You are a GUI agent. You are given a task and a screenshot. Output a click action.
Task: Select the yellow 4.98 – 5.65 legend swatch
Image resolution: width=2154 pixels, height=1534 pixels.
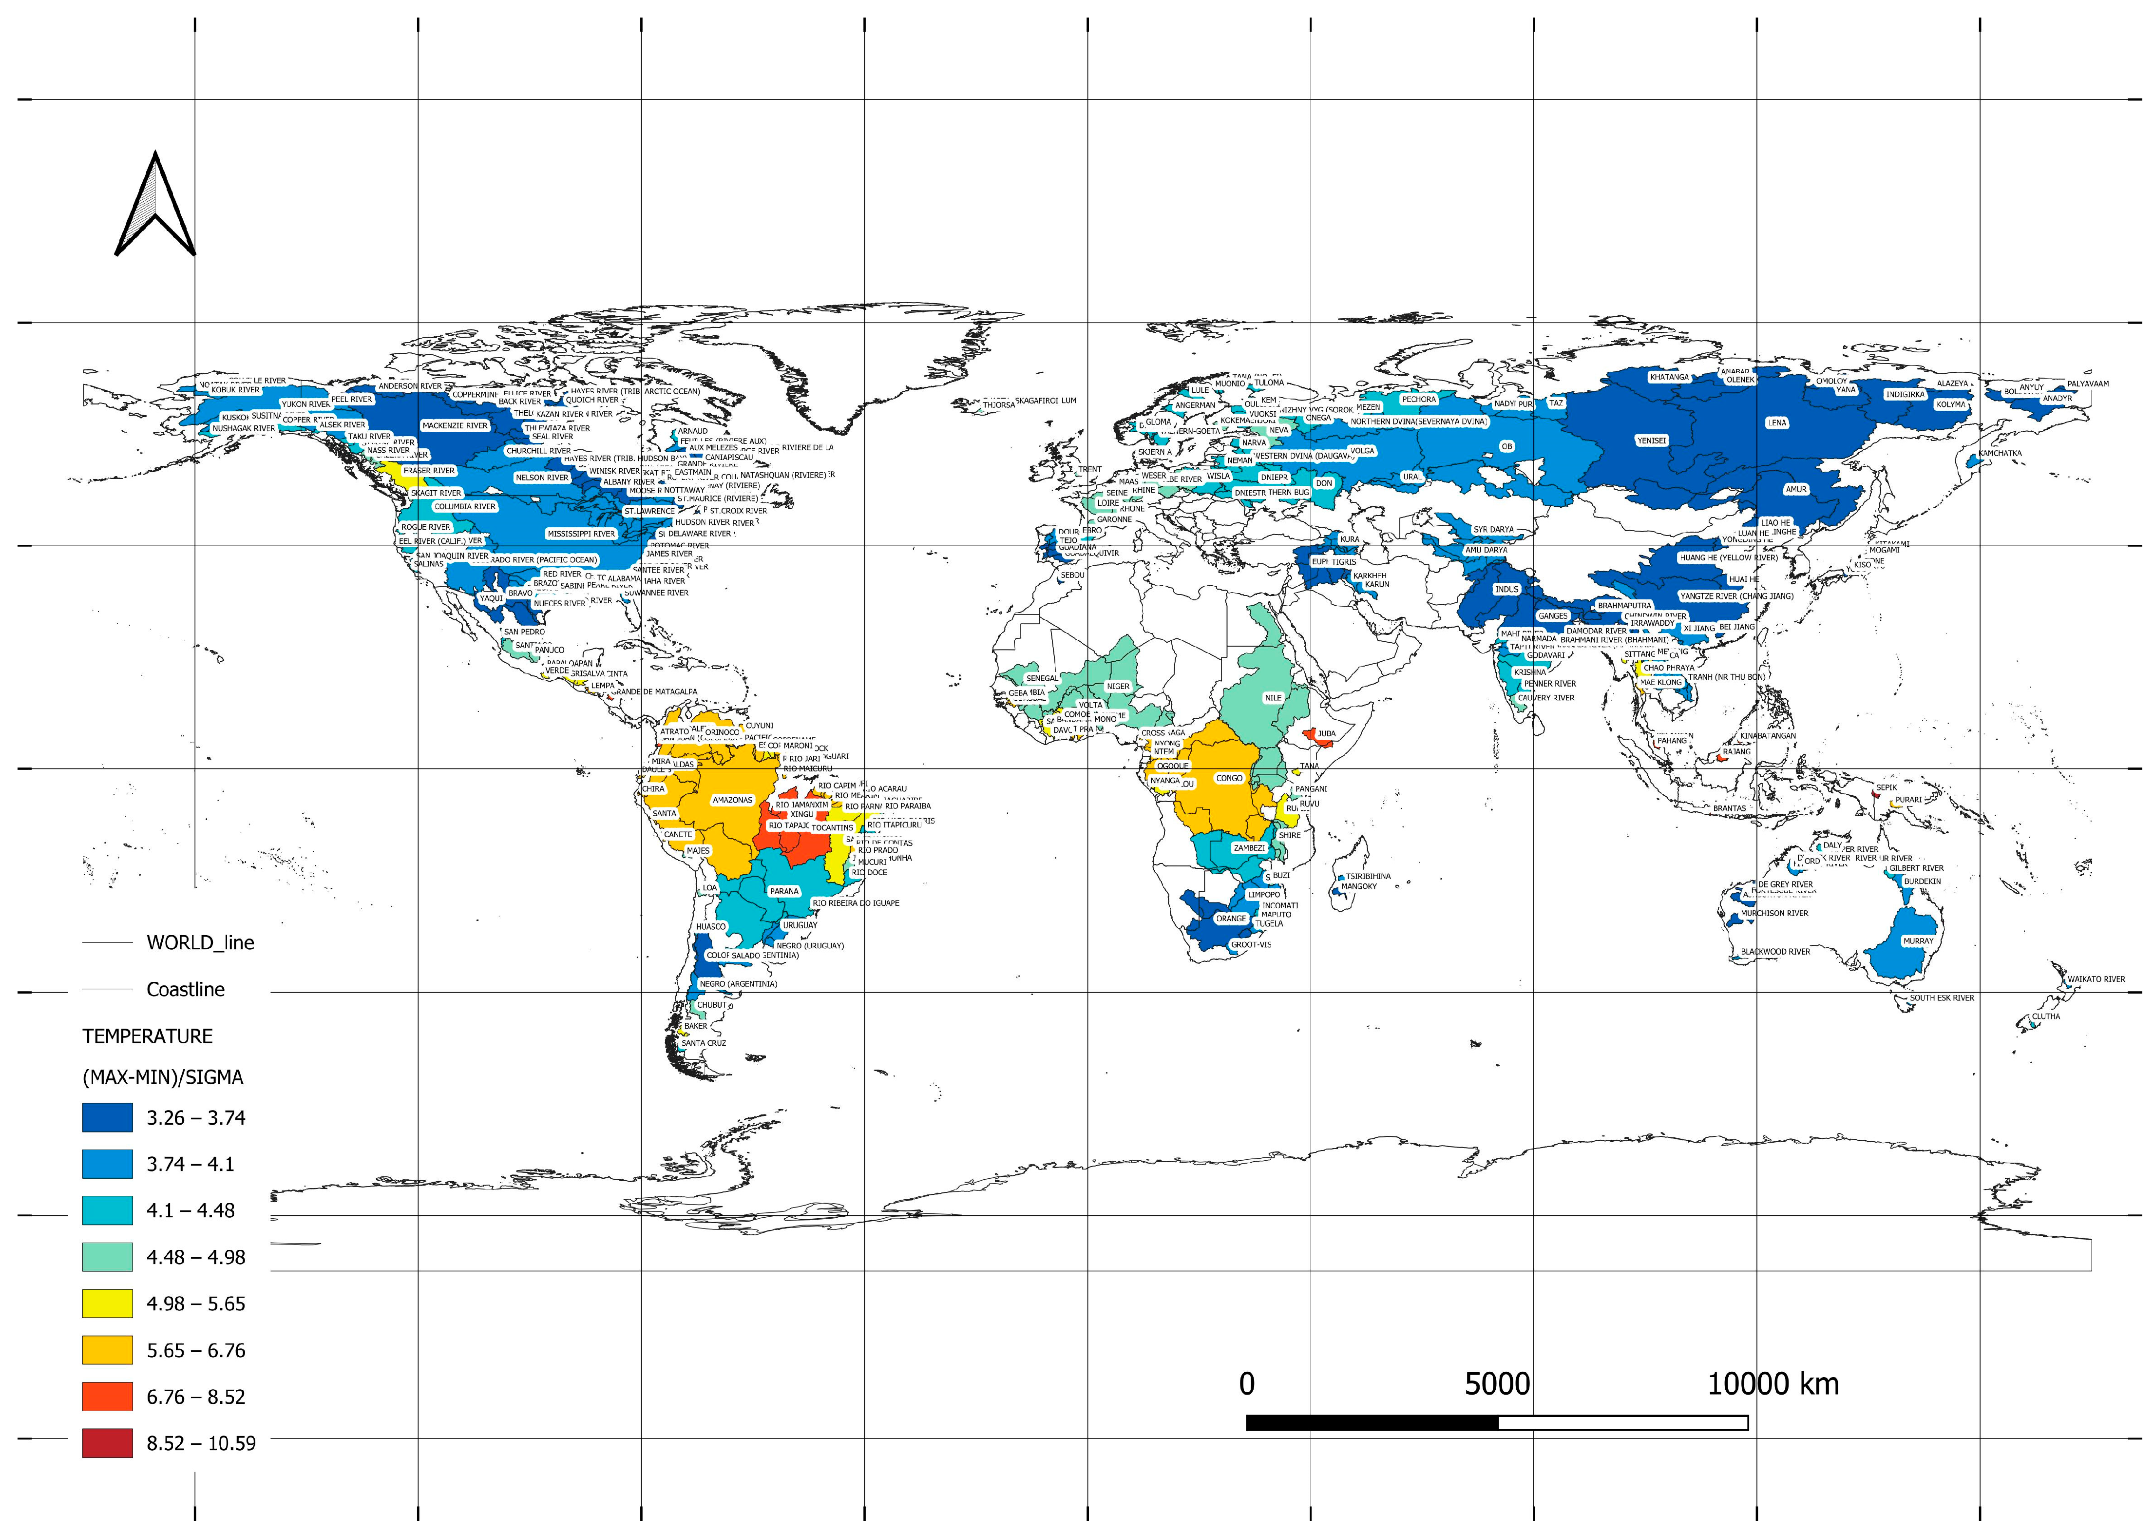coord(107,1304)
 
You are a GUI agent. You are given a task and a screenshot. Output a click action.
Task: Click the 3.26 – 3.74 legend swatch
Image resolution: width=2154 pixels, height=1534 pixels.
coord(107,1117)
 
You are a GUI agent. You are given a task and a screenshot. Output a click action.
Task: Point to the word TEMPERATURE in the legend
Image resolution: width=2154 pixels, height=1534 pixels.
coord(147,1036)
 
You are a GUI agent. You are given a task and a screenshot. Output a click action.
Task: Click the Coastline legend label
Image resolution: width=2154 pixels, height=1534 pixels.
coord(185,989)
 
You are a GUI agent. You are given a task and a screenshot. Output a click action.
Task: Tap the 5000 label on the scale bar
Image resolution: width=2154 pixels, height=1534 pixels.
coord(1497,1384)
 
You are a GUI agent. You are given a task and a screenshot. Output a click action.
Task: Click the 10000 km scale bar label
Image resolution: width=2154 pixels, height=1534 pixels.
coord(1773,1384)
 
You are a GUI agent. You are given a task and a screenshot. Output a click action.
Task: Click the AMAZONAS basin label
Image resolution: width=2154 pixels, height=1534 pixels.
coord(732,800)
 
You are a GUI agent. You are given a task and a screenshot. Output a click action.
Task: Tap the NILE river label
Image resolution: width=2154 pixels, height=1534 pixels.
coord(1273,698)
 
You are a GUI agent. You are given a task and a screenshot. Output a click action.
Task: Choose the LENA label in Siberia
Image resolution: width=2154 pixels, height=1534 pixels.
coord(1776,423)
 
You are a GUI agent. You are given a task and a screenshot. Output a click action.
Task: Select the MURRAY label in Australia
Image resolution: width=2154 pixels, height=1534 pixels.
coord(1918,941)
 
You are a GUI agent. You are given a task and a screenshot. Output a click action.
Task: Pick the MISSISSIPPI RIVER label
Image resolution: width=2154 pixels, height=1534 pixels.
coord(581,534)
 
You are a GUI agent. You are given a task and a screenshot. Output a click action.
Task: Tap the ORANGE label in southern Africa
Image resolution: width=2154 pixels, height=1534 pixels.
coord(1230,918)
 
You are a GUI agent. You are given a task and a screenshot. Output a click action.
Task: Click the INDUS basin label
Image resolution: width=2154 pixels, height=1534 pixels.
coord(1506,590)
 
